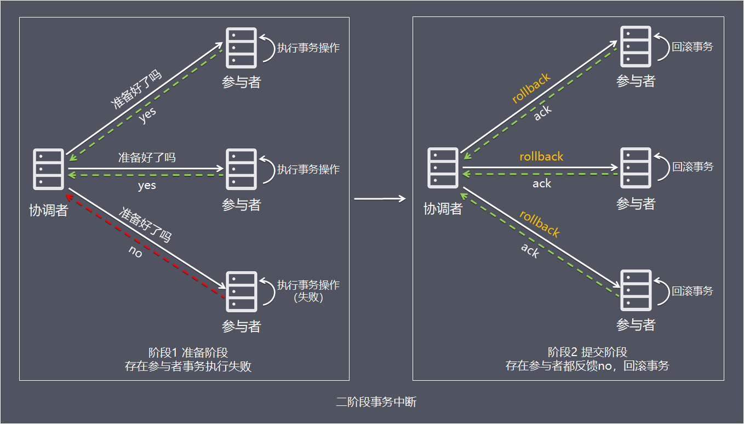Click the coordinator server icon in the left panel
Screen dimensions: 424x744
click(49, 168)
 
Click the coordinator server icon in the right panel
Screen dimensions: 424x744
click(443, 167)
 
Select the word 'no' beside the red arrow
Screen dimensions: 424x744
click(135, 253)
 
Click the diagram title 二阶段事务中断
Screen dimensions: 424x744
click(376, 402)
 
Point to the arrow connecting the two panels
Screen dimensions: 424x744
click(380, 199)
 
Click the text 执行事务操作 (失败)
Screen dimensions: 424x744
click(308, 291)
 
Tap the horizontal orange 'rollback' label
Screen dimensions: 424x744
click(541, 157)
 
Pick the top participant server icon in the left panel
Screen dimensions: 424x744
click(241, 48)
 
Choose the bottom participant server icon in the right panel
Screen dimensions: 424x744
click(636, 290)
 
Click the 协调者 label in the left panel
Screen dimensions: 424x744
click(48, 210)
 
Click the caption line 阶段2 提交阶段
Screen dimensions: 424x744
click(587, 352)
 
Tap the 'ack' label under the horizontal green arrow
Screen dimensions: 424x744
click(541, 184)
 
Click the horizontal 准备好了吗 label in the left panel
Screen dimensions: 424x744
click(147, 158)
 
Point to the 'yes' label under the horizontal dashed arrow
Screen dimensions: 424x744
click(147, 186)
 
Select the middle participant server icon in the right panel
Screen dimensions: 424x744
click(636, 168)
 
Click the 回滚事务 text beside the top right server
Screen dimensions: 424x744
click(693, 47)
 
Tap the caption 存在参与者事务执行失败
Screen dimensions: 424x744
click(188, 366)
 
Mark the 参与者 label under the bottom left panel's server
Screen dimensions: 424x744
click(241, 326)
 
